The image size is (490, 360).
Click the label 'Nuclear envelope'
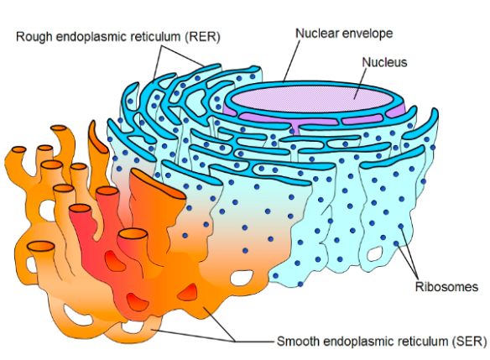click(x=344, y=33)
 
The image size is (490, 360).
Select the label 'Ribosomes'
click(x=446, y=287)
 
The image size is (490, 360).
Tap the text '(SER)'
click(x=459, y=342)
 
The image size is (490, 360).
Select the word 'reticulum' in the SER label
click(x=412, y=342)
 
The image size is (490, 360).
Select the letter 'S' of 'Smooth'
click(x=280, y=342)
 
